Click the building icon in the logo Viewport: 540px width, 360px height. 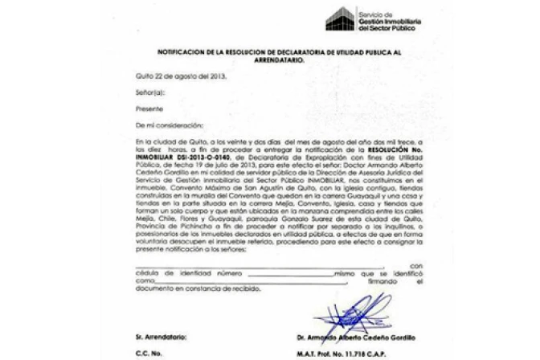tap(340, 18)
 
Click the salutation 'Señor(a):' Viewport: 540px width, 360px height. tap(150, 93)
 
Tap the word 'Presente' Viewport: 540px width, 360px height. tap(149, 109)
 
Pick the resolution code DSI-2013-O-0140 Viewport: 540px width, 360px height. tap(192, 158)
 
